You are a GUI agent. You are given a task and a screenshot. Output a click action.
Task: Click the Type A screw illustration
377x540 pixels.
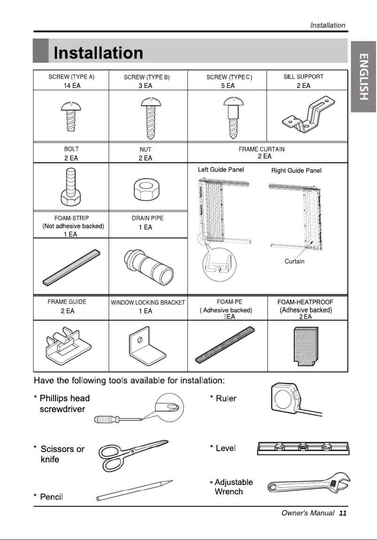tap(71, 118)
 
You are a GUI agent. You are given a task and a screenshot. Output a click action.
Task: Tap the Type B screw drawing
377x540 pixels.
tap(148, 118)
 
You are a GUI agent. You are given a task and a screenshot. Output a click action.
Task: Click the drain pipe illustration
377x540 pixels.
tap(147, 265)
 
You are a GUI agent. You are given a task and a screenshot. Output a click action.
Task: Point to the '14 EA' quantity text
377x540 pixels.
tap(72, 86)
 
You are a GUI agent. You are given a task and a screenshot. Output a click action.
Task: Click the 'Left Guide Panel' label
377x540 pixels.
tap(221, 170)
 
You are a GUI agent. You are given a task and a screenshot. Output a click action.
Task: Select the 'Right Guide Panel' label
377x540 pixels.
tap(296, 171)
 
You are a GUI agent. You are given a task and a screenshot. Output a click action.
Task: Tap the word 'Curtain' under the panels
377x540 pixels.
tap(294, 262)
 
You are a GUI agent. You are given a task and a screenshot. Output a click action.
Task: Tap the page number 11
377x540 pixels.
tap(342, 513)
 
